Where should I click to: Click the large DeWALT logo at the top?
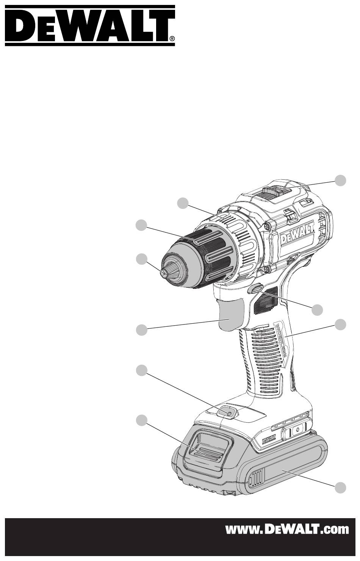tap(90, 26)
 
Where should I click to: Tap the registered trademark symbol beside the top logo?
tap(172, 39)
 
